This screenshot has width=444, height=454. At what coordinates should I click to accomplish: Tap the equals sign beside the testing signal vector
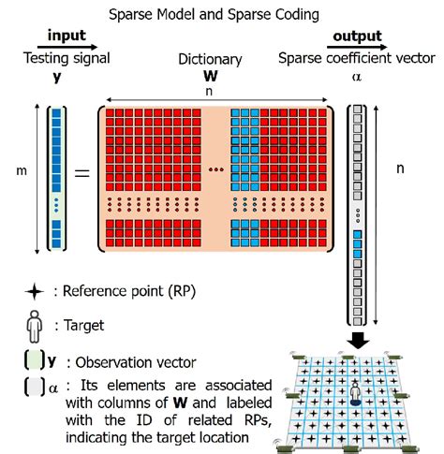click(x=81, y=174)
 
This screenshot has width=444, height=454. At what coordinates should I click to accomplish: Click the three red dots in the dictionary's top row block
click(x=216, y=169)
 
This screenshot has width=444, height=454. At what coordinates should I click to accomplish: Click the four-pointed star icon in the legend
click(x=34, y=292)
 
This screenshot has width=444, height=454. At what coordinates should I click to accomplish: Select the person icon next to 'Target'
click(x=35, y=325)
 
